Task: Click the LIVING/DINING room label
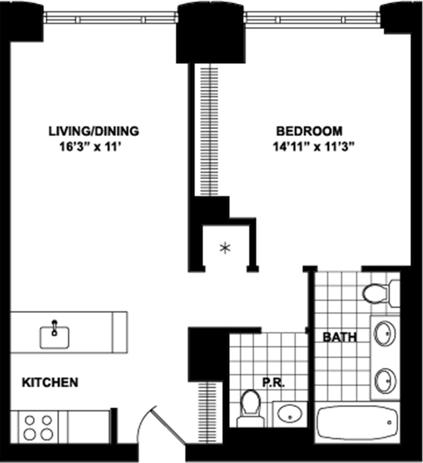[x=94, y=131]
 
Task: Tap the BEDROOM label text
[x=309, y=131]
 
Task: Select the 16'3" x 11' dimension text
[x=88, y=147]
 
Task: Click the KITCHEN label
[x=50, y=383]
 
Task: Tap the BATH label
[x=340, y=337]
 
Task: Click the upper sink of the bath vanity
[x=385, y=333]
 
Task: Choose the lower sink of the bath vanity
[x=385, y=379]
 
